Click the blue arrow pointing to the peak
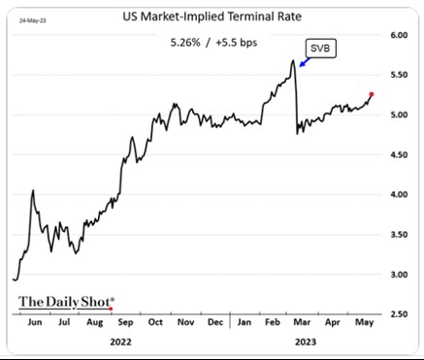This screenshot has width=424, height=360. click(303, 62)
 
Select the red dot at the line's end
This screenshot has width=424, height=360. click(373, 94)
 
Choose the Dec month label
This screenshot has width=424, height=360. click(214, 320)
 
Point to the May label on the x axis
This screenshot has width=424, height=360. click(363, 320)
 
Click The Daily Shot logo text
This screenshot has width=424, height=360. click(65, 302)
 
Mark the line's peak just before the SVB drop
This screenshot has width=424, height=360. click(292, 61)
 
